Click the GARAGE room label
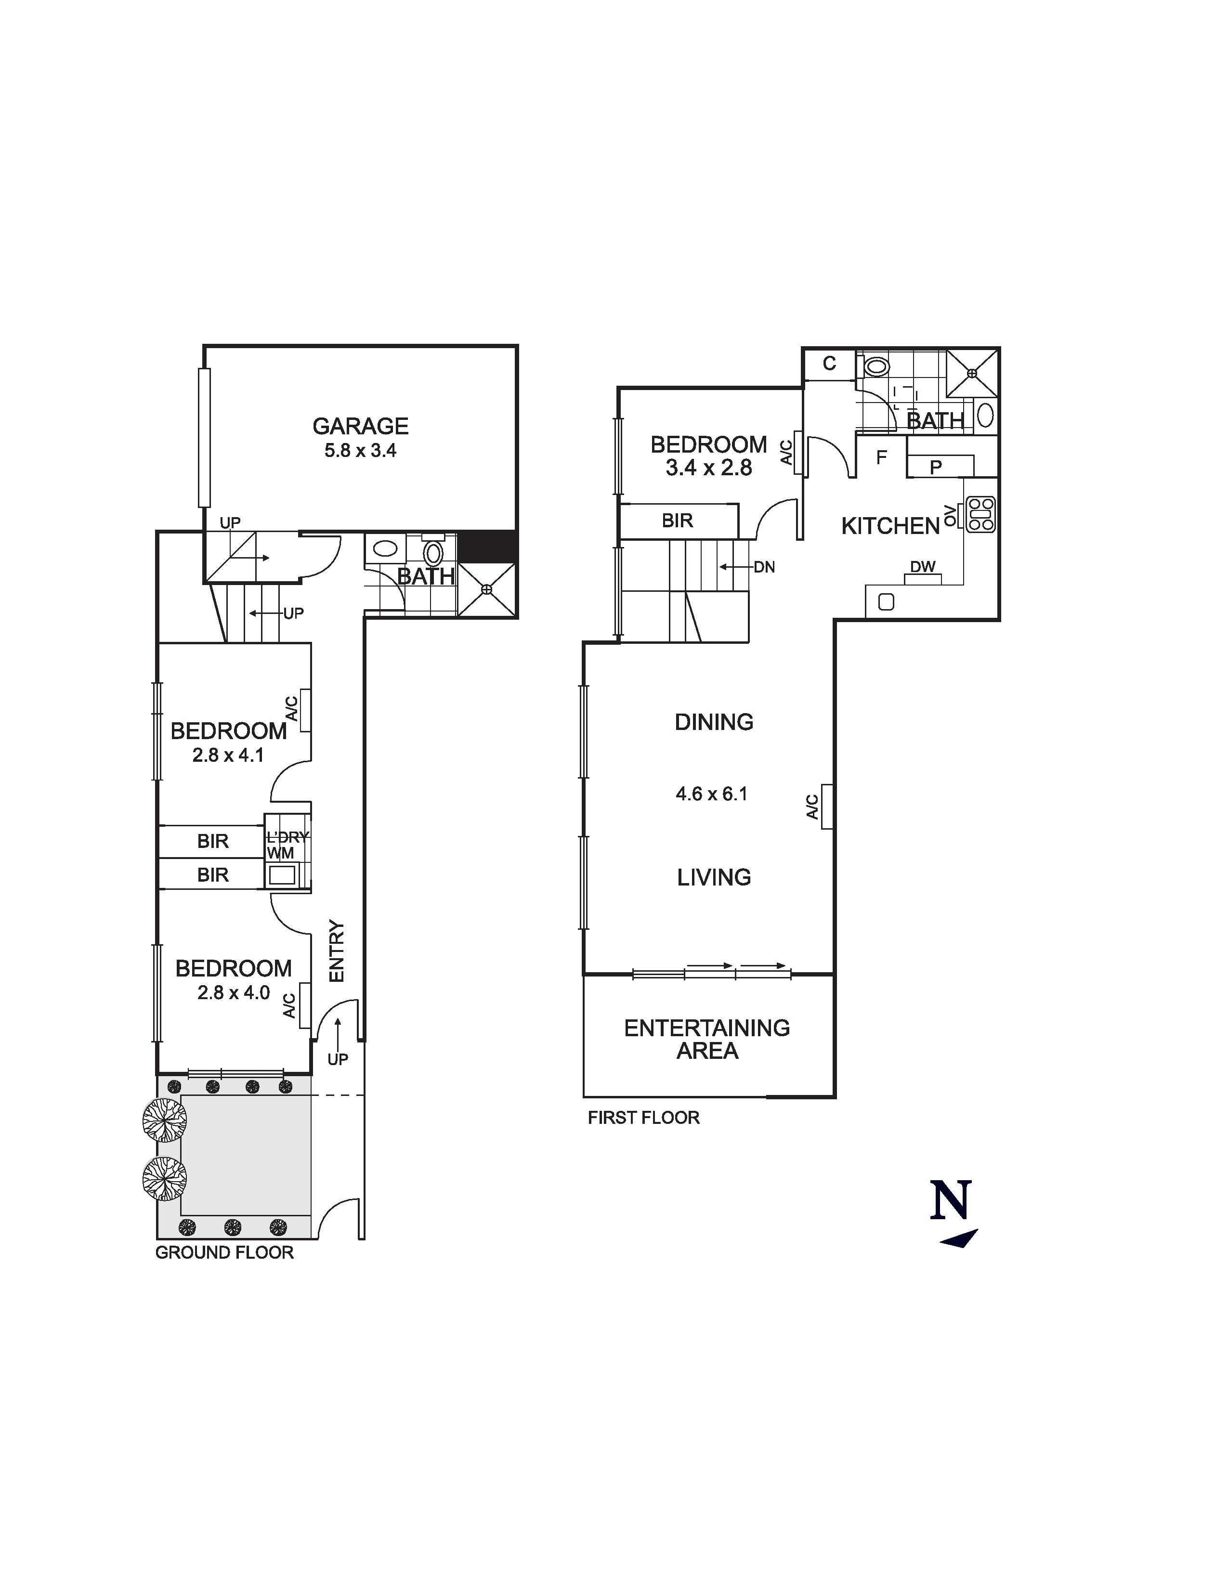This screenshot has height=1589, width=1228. click(360, 426)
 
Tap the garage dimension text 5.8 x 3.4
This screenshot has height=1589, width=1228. click(360, 450)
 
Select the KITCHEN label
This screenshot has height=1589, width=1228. click(890, 526)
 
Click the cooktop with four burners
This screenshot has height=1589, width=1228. click(980, 514)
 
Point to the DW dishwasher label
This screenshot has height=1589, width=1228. click(923, 567)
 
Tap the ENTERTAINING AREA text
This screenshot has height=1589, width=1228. click(706, 1039)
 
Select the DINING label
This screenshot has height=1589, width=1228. click(714, 722)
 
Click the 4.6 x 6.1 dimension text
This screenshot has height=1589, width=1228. click(711, 794)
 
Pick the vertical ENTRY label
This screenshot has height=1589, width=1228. click(336, 951)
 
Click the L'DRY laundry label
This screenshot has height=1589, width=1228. click(287, 837)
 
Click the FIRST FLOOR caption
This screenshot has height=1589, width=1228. click(643, 1118)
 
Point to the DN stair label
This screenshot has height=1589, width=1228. click(764, 567)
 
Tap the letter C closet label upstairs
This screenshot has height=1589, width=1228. click(829, 364)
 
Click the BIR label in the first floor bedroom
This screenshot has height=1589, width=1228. click(677, 521)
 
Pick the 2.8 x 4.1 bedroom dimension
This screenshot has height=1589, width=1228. click(228, 755)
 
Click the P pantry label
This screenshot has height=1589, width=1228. click(936, 467)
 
